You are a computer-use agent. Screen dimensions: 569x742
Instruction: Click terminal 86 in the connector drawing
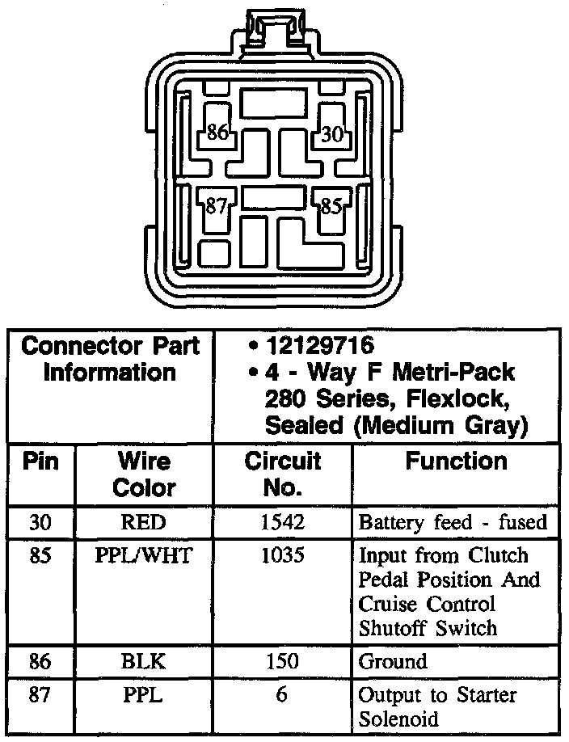(217, 132)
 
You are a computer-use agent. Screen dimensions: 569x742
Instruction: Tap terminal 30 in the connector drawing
(333, 133)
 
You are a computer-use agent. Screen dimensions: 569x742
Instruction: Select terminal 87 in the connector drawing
(216, 206)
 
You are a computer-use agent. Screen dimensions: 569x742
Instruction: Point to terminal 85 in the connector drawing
(331, 206)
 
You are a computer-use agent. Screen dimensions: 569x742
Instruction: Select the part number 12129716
(321, 345)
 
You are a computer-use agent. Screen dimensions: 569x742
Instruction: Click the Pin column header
(40, 462)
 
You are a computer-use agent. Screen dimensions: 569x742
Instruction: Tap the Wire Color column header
(144, 474)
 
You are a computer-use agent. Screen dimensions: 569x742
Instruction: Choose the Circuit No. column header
(283, 474)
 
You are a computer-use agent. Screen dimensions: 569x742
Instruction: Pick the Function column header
(457, 461)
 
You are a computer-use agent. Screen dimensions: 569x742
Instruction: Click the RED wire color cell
(143, 522)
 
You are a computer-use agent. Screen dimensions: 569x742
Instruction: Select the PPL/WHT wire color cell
(143, 555)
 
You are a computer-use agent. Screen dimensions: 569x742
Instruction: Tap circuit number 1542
(283, 522)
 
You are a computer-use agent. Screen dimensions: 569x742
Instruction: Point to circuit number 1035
(283, 555)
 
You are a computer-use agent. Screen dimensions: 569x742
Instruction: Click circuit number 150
(283, 661)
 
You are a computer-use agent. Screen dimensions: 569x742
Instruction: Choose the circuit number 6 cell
(281, 694)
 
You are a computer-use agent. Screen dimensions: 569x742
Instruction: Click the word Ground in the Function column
(393, 661)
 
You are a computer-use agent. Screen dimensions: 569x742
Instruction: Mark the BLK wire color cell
(143, 661)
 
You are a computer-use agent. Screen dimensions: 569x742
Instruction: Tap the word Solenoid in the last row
(398, 719)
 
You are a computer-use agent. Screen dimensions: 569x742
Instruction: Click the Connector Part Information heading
(110, 359)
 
